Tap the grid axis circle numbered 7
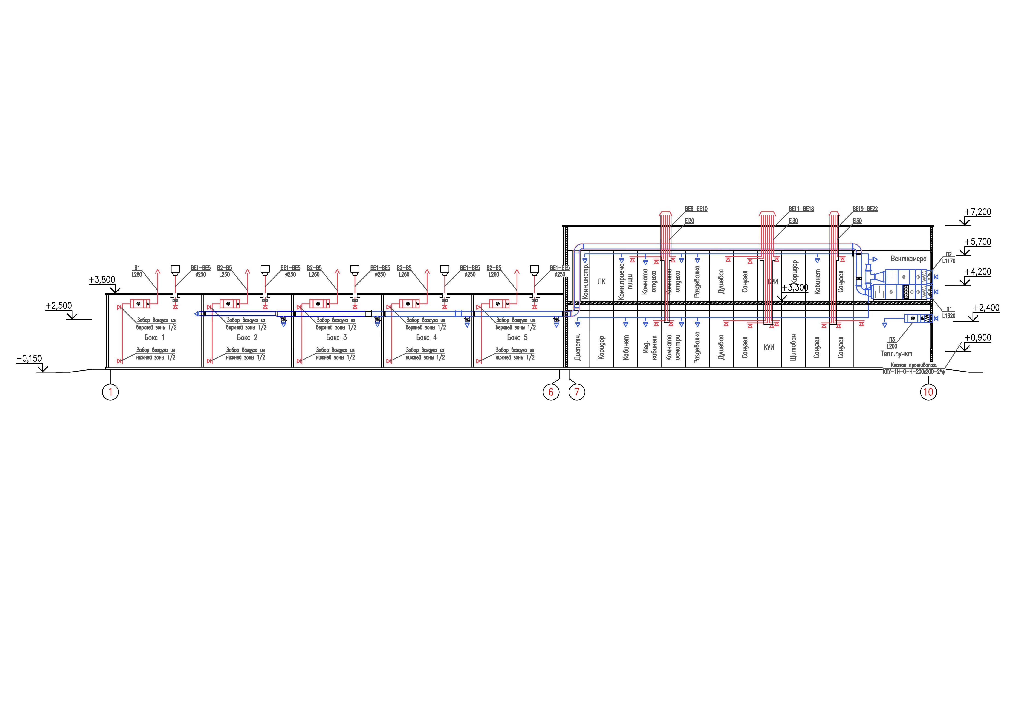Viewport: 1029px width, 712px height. click(577, 392)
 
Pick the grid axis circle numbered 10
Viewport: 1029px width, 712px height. click(928, 392)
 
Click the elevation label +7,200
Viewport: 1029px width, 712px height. click(978, 212)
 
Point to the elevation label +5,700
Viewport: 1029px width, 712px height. click(978, 242)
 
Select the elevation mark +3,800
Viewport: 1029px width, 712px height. click(102, 280)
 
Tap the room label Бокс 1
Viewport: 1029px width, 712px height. click(154, 338)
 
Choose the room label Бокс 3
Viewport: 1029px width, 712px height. click(336, 338)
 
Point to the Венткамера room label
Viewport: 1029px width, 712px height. click(908, 259)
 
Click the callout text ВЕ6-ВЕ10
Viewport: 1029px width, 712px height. click(696, 209)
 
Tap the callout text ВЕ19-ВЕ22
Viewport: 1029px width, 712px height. click(865, 209)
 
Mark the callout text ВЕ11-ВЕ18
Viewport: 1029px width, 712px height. click(801, 209)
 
